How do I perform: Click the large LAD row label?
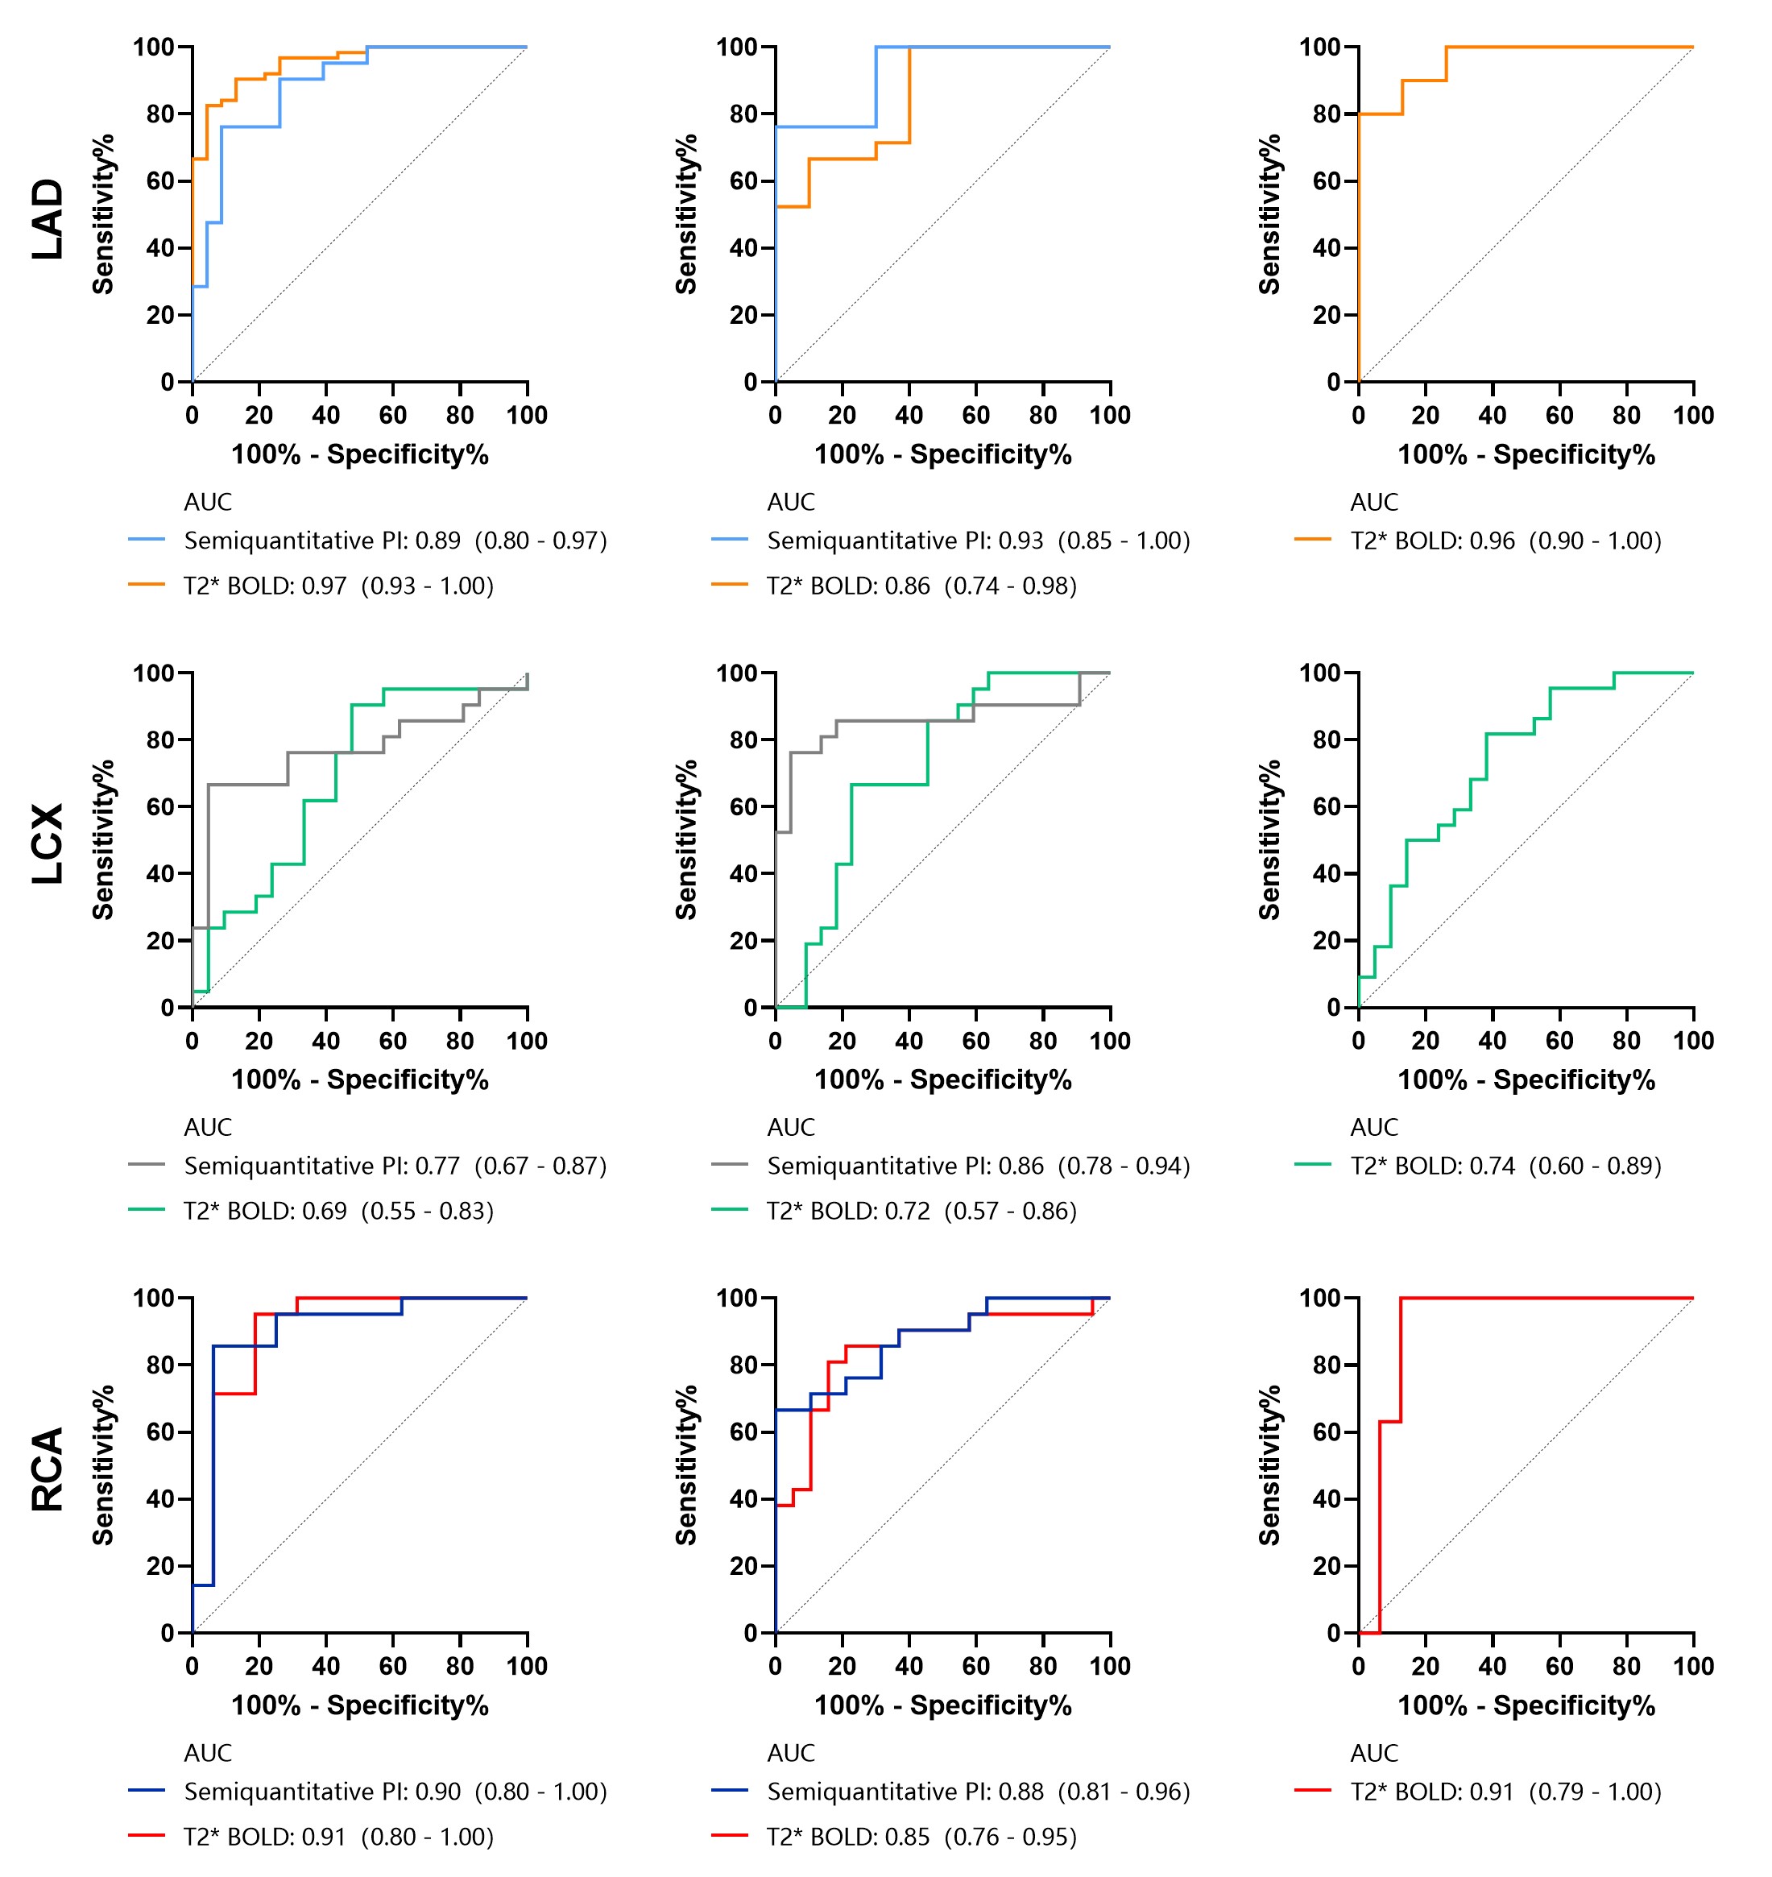point(48,219)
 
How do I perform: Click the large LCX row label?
point(48,843)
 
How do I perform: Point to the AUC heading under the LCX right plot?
point(1373,1127)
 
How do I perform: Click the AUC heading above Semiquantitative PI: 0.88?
point(791,1752)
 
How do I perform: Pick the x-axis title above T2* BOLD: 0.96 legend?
point(1526,454)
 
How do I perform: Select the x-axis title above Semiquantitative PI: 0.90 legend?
point(360,1705)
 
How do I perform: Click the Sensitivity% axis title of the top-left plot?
point(103,214)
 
